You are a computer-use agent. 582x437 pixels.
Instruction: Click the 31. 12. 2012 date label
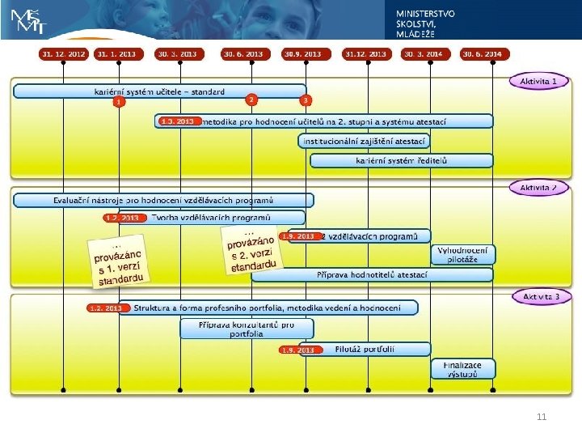click(63, 54)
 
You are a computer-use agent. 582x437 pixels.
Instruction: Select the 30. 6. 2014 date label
click(483, 54)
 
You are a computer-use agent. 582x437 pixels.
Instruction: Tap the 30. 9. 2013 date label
click(303, 54)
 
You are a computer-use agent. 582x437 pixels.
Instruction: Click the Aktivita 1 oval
click(538, 82)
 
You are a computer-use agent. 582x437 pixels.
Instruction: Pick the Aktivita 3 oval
click(541, 297)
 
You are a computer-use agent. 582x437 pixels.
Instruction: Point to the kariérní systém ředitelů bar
click(402, 160)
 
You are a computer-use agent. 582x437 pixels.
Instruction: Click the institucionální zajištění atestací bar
click(364, 141)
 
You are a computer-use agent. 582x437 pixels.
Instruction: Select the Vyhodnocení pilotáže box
click(462, 255)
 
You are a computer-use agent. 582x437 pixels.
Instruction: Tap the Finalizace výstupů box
click(462, 369)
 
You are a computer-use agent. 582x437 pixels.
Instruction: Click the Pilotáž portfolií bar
click(356, 350)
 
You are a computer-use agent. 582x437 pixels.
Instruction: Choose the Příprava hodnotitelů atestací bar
click(372, 274)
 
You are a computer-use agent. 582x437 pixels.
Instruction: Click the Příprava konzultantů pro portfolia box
click(246, 329)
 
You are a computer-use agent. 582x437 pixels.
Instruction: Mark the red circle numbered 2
click(252, 100)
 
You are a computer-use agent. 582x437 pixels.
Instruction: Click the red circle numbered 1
click(119, 102)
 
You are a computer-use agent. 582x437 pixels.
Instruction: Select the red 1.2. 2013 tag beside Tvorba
click(124, 218)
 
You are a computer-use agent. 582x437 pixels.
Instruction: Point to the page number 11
click(542, 417)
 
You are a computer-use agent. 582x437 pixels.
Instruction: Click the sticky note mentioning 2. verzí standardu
click(253, 249)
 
